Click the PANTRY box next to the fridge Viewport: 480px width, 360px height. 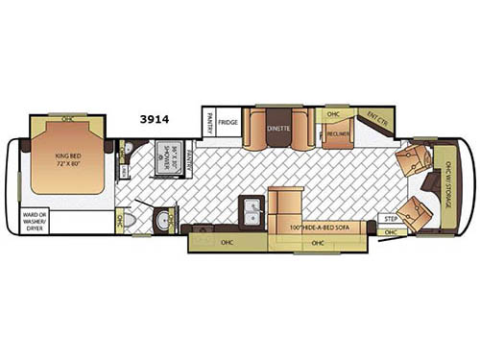(x=206, y=122)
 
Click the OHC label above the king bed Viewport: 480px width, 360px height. (x=66, y=119)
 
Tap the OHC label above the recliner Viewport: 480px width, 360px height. (x=333, y=113)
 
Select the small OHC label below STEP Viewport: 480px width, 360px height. (x=390, y=232)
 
